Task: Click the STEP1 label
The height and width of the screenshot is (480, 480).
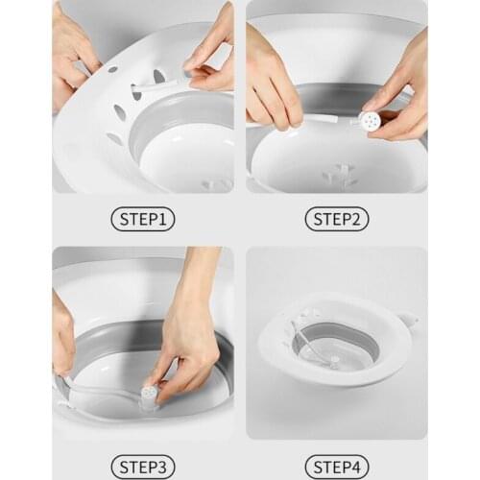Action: [x=143, y=219]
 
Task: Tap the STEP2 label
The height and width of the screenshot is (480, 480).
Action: [x=337, y=219]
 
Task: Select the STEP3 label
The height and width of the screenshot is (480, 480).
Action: [x=143, y=468]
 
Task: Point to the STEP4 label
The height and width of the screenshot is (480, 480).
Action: [x=337, y=468]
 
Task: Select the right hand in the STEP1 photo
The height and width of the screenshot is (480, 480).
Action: [x=214, y=53]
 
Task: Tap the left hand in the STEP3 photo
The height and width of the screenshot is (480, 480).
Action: [x=63, y=336]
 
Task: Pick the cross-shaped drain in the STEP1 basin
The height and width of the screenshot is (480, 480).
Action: [x=217, y=182]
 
